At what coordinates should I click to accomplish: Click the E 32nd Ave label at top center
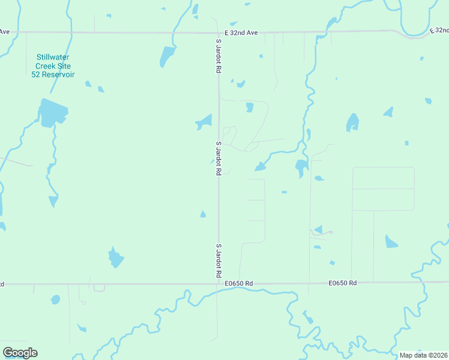click(241, 32)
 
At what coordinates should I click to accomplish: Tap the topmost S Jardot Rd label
click(218, 56)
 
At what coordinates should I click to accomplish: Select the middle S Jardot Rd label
click(218, 158)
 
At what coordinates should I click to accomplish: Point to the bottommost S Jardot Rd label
click(218, 260)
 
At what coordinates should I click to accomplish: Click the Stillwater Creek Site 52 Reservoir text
click(53, 66)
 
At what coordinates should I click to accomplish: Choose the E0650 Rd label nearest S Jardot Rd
click(240, 283)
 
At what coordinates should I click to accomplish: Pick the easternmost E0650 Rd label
click(343, 283)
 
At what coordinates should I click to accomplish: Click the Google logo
click(20, 353)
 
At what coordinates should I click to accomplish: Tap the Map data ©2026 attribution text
click(423, 355)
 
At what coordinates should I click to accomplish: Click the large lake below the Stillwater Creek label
click(52, 113)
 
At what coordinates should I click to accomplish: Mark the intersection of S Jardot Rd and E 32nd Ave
click(218, 32)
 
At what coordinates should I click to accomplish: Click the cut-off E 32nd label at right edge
click(439, 29)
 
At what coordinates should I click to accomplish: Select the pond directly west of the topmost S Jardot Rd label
click(166, 56)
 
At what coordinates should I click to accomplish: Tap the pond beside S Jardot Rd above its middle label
click(205, 122)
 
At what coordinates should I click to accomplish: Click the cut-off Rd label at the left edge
click(2, 283)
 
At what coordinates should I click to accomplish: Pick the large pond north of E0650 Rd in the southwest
click(115, 258)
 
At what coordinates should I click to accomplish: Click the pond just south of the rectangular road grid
click(391, 241)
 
